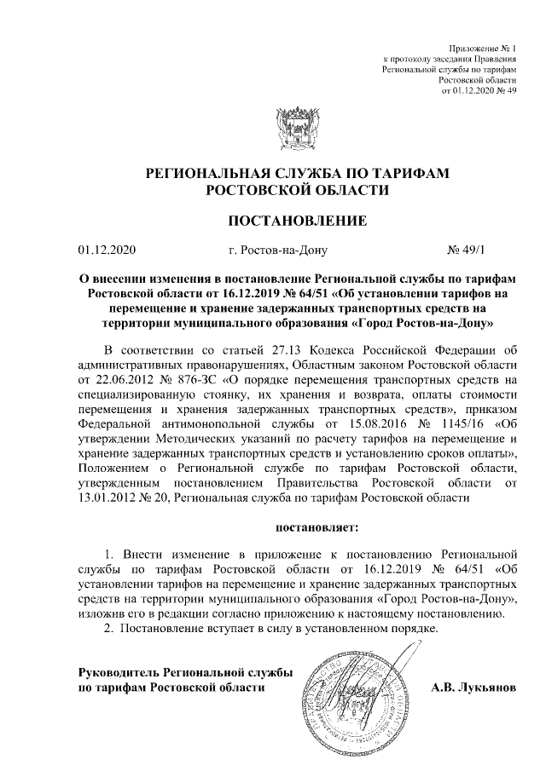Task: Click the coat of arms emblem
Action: click(296, 129)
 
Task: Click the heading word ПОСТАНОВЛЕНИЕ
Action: click(296, 222)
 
